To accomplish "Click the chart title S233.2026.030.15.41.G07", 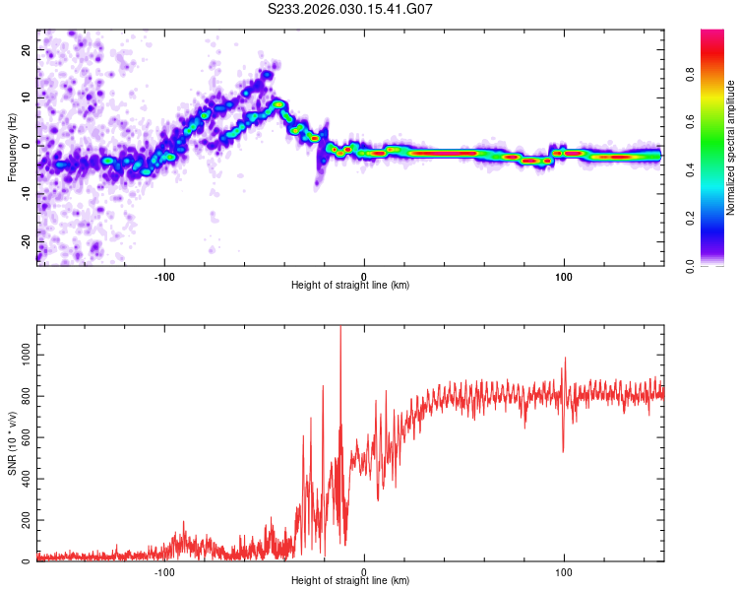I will click(x=350, y=9).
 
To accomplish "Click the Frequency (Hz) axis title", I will click(x=12, y=147).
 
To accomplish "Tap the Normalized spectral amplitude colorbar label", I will click(x=731, y=148).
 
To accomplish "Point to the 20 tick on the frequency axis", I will click(x=26, y=48).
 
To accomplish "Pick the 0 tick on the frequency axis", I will click(x=28, y=145).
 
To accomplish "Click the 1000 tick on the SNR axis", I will click(x=22, y=353).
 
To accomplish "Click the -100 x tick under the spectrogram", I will click(x=164, y=275).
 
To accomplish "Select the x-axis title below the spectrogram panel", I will click(x=350, y=286).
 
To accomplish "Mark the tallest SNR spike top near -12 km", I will click(x=340, y=328).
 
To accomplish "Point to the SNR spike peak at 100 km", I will click(x=566, y=359).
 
